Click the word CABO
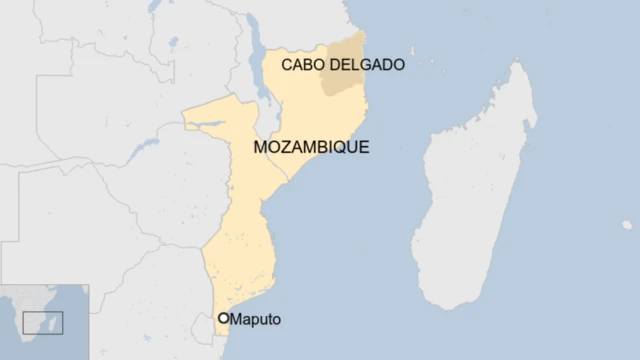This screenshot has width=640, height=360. pyautogui.click(x=301, y=65)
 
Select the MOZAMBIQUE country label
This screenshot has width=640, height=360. pyautogui.click(x=311, y=147)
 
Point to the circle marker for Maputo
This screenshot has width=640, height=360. pyautogui.click(x=224, y=319)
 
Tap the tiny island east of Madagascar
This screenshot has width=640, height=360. pyautogui.click(x=627, y=225)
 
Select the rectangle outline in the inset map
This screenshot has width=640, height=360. pyautogui.click(x=43, y=322)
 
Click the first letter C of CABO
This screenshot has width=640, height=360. pyautogui.click(x=286, y=65)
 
